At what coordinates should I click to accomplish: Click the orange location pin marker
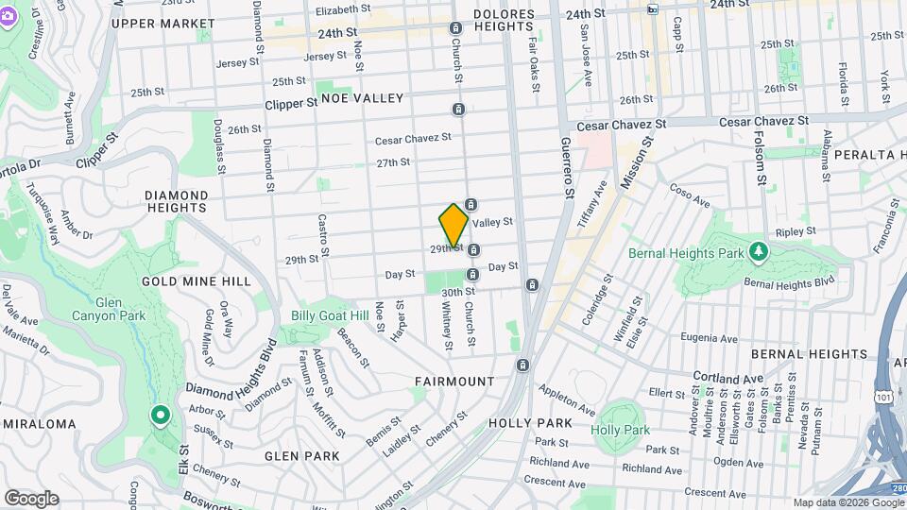click(453, 225)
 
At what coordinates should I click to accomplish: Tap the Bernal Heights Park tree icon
click(757, 251)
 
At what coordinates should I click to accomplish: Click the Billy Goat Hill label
click(330, 315)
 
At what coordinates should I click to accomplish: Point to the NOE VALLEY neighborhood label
click(362, 98)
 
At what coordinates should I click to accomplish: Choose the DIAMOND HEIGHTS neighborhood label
click(176, 201)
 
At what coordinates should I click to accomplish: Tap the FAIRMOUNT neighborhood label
click(454, 382)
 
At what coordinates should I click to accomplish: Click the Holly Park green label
click(620, 430)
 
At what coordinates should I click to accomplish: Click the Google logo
click(31, 498)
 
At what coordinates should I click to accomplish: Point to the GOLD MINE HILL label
click(197, 281)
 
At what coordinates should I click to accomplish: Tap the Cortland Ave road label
click(727, 377)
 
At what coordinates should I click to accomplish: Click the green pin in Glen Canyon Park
click(161, 414)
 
